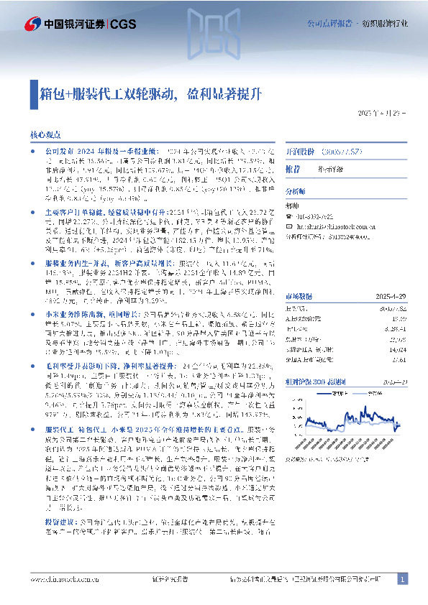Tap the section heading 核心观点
coord(45,134)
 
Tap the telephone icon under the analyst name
coord(288,216)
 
